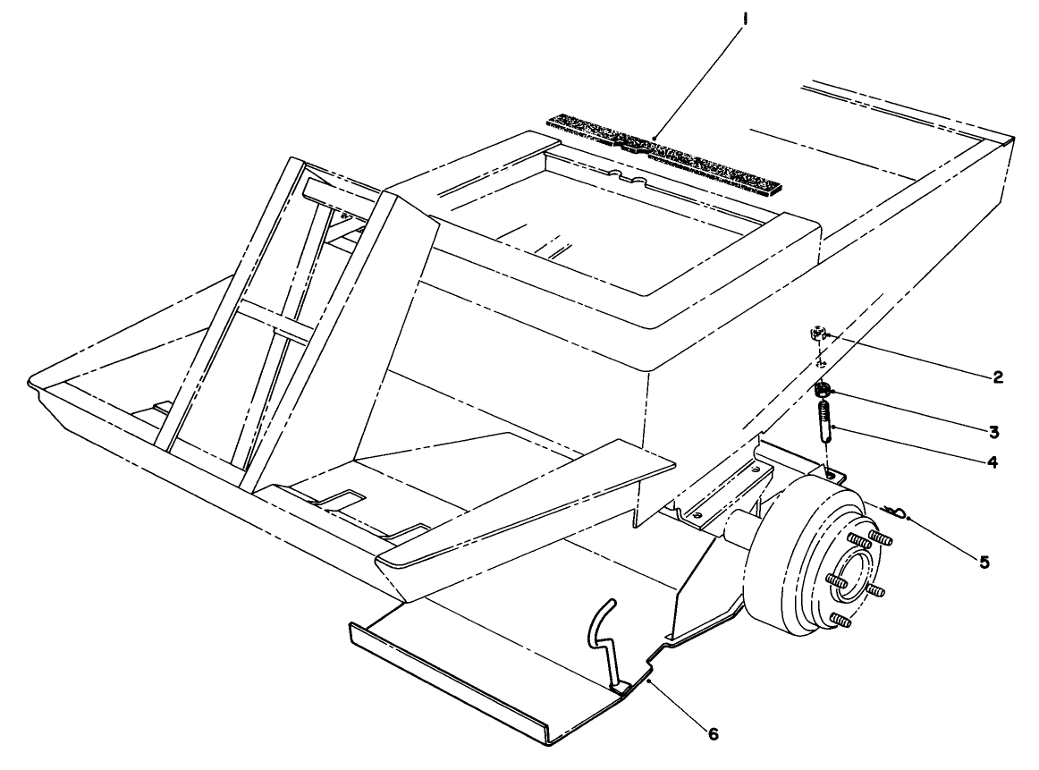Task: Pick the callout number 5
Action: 984,563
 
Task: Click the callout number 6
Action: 712,733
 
